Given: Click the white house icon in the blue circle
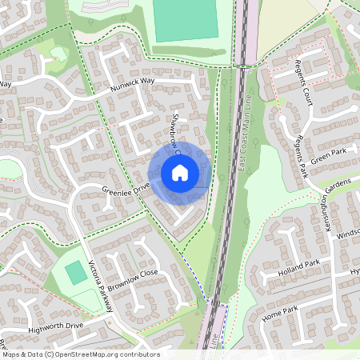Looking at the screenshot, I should coord(180,173).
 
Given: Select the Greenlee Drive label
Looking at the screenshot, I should coord(126,189).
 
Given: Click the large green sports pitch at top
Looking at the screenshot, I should coord(184,20).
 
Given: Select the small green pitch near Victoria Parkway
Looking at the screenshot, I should coord(75,272).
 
